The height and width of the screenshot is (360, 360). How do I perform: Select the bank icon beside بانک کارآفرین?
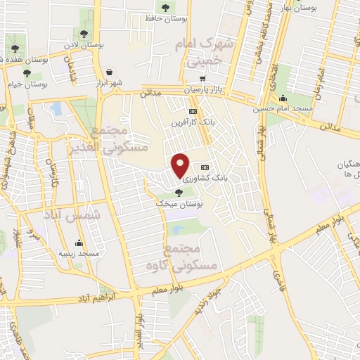pyautogui.click(x=193, y=111)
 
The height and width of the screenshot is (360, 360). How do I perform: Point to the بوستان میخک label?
pyautogui.click(x=179, y=203)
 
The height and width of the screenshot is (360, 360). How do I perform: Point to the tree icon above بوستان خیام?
pyautogui.click(x=27, y=73)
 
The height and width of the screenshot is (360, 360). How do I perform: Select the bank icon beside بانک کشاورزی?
pyautogui.click(x=205, y=167)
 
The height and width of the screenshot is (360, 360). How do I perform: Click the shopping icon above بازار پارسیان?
pyautogui.click(x=202, y=79)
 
